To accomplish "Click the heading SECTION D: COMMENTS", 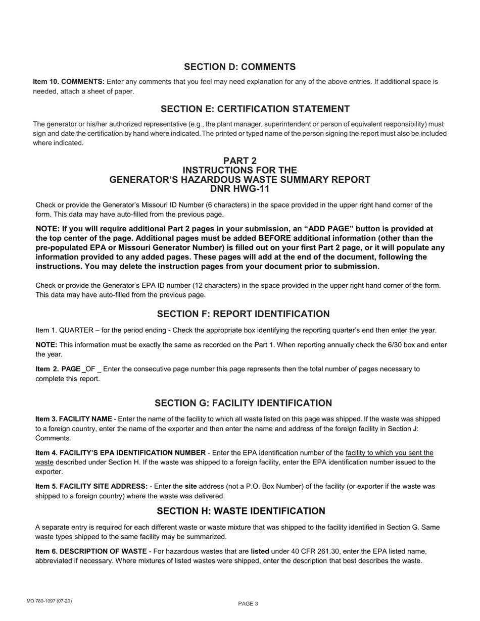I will [x=239, y=67].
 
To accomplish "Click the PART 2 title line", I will [x=240, y=161].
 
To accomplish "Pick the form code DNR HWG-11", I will [x=240, y=189].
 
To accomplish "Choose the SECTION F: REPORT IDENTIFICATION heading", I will [x=243, y=314].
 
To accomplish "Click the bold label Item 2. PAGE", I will [x=59, y=369].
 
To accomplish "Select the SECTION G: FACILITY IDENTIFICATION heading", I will [x=243, y=403].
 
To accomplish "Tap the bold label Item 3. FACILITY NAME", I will [x=74, y=419].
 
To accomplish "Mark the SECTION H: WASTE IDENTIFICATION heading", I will [x=241, y=511].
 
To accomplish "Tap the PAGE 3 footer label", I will [x=248, y=604].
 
